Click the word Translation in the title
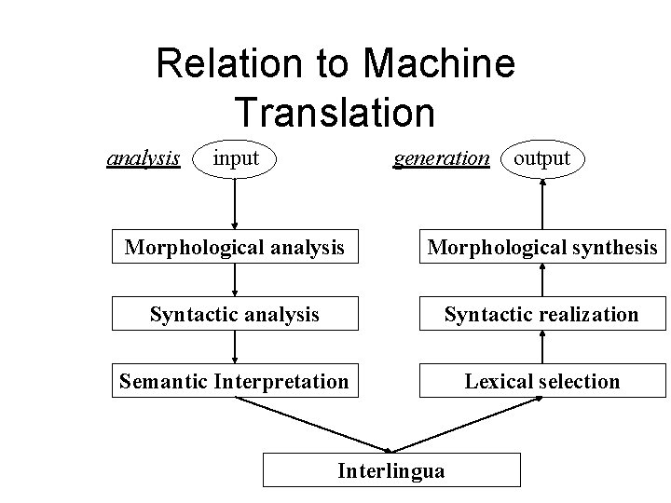tap(335, 112)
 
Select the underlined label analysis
tap(144, 158)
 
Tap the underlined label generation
tap(441, 158)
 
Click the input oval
tap(236, 158)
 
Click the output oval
tap(542, 158)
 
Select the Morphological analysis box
tap(235, 247)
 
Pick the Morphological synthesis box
tap(542, 247)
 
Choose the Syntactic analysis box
tap(235, 314)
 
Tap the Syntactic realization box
tap(542, 314)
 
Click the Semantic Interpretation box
tap(235, 381)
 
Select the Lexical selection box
tap(542, 381)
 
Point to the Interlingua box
tap(391, 470)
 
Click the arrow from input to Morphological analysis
tap(235, 205)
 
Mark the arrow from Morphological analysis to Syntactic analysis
tap(235, 280)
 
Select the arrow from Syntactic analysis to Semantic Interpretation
tap(235, 347)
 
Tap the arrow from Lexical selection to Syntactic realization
tap(542, 347)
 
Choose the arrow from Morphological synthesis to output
tap(542, 205)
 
